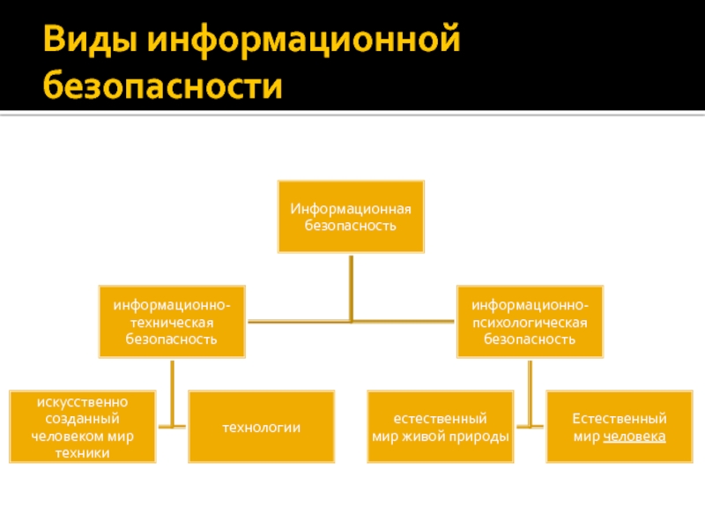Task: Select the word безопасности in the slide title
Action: (164, 87)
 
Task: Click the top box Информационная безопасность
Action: (351, 217)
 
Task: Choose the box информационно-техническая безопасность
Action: (172, 321)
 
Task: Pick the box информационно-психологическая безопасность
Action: (530, 321)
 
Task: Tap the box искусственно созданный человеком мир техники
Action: (82, 428)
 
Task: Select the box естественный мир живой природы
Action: (440, 428)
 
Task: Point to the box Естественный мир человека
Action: (619, 428)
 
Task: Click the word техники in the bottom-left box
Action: (82, 453)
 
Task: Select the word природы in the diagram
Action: (483, 436)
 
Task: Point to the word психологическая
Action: (530, 322)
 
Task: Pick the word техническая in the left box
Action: (172, 322)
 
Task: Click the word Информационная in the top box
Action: (351, 209)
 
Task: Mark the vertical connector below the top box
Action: (351, 287)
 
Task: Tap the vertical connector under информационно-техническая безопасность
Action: (172, 392)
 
